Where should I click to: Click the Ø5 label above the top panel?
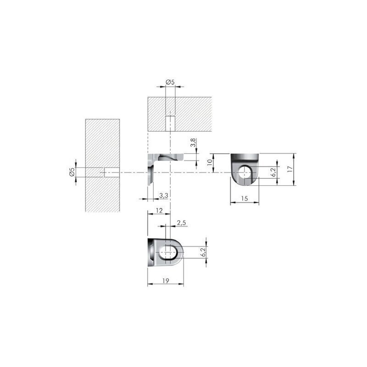(170, 82)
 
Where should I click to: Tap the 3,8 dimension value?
(193, 143)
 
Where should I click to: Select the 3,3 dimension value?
(164, 195)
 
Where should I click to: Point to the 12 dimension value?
(159, 211)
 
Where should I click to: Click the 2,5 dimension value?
(181, 222)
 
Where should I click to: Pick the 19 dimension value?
(166, 281)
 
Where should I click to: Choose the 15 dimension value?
(244, 199)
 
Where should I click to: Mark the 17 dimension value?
(290, 169)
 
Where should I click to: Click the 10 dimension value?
(210, 162)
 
